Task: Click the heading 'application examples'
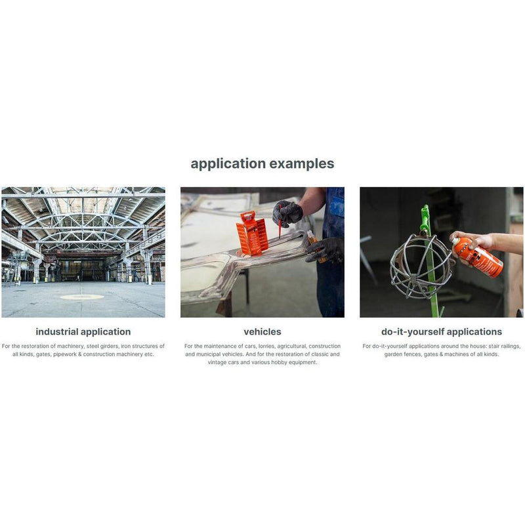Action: pos(262,163)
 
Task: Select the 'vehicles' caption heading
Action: pos(262,332)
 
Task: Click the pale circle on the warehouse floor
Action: pos(82,297)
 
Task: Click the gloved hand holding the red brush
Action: pos(287,212)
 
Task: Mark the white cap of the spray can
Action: pos(456,241)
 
